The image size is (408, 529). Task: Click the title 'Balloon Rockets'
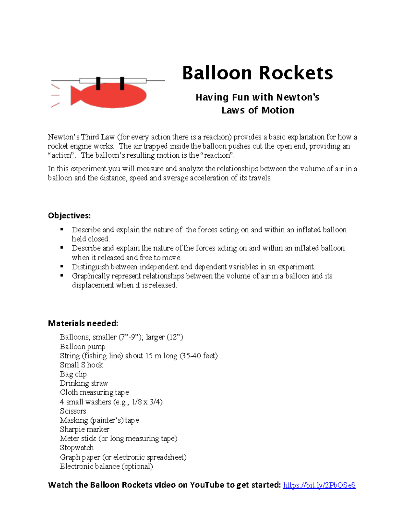(x=257, y=73)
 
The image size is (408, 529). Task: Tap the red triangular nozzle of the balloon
(x=75, y=95)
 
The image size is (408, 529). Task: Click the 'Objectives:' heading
(x=69, y=216)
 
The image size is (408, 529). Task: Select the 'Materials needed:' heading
(x=83, y=323)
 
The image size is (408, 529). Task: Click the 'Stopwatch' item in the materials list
(x=77, y=448)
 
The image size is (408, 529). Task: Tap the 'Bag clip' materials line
(x=73, y=374)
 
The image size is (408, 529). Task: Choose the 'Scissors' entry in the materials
(x=73, y=411)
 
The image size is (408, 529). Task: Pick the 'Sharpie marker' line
(x=85, y=429)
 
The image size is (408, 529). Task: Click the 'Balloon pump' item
(x=83, y=346)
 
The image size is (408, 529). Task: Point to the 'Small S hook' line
(x=82, y=365)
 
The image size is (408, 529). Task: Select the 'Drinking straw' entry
(x=84, y=383)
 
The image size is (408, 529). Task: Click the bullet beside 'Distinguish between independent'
(x=62, y=266)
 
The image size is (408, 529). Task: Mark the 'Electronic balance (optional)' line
(x=106, y=466)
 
